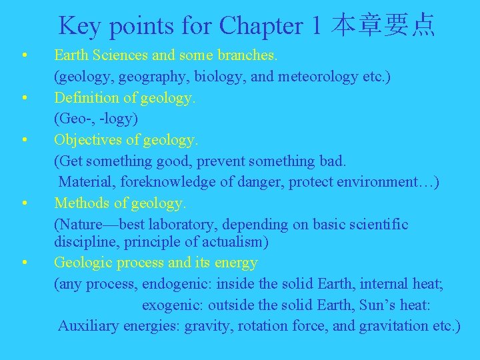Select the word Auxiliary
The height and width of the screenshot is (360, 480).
coord(86,326)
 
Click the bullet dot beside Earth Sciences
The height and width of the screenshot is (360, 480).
coord(24,55)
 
